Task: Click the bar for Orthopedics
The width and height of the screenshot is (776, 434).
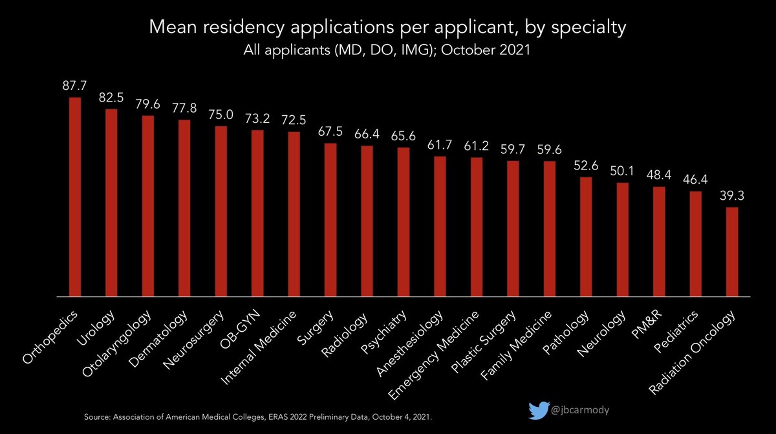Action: point(75,197)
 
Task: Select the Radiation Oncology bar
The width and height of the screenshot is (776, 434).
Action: point(732,252)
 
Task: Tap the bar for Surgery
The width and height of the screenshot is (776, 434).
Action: point(330,220)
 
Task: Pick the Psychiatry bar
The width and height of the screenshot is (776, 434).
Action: point(404,222)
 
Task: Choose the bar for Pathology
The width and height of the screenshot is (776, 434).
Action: point(586,237)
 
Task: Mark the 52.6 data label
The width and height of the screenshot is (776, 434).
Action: point(586,166)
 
